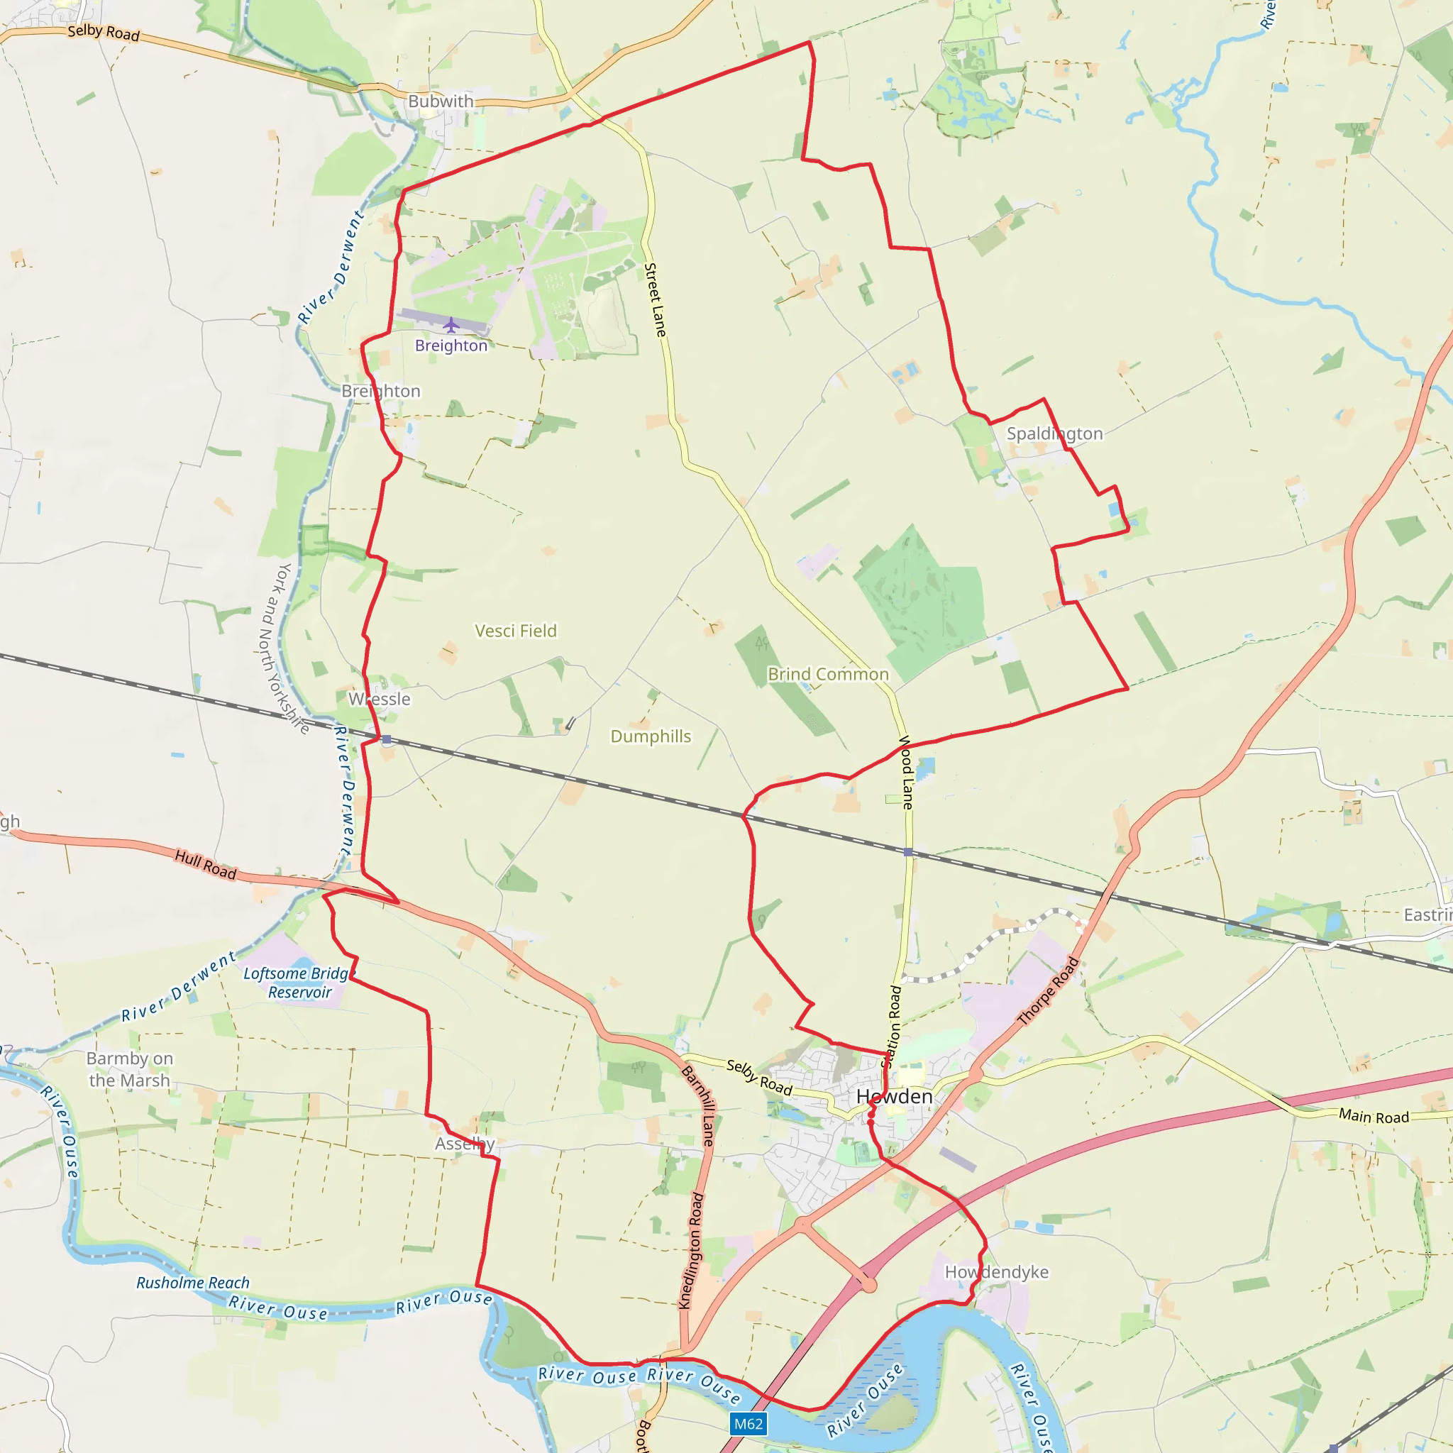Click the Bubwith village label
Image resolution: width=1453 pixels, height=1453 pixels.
coord(441,101)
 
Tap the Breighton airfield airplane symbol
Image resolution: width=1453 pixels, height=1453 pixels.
coord(451,325)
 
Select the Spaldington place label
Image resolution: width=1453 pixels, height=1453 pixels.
coord(1054,433)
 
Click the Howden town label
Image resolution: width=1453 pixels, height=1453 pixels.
coord(894,1097)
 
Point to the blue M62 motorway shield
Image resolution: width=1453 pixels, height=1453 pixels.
coord(748,1423)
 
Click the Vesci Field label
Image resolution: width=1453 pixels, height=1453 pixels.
coord(516,630)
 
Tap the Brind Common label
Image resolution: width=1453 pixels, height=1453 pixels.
coord(828,674)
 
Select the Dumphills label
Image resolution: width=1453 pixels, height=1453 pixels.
coord(651,736)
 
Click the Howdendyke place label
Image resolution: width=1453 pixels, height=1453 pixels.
coord(997,1272)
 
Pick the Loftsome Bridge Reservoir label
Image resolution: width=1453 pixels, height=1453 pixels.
coord(299,982)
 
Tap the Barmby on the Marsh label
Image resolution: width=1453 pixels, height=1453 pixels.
coord(129,1068)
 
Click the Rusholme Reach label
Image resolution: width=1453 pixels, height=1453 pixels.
coord(192,1282)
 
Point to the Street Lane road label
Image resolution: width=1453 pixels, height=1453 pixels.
coord(655,299)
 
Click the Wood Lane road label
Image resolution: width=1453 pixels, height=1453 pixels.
coord(907,773)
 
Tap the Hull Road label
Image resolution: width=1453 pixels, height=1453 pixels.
coord(205,864)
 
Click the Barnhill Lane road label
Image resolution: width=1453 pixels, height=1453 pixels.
coord(697,1105)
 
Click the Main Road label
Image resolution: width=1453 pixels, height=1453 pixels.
coord(1374,1116)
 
